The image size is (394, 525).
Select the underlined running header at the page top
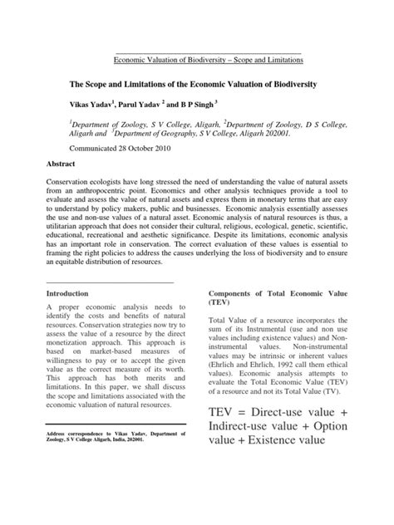206,60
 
